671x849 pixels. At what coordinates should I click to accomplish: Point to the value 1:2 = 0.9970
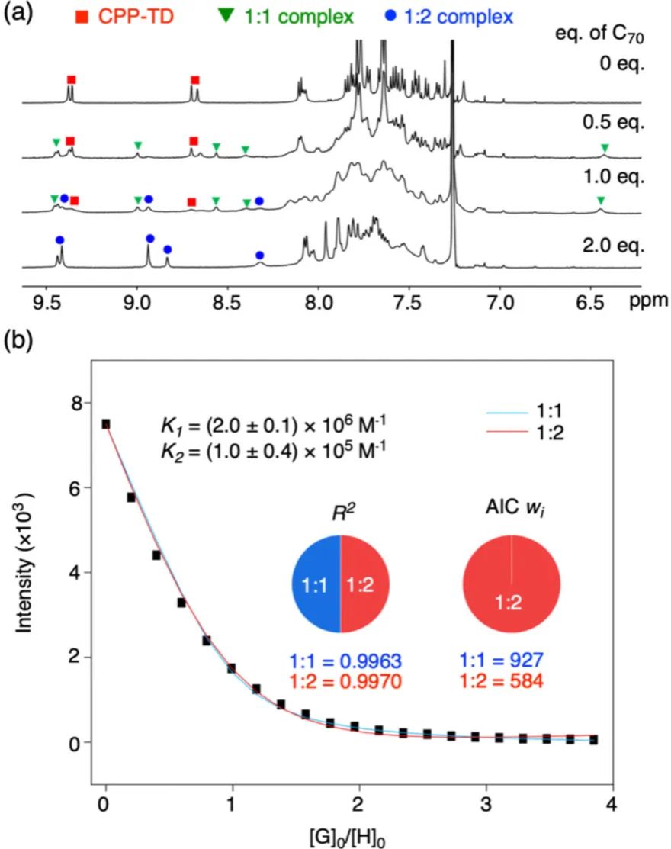(340, 681)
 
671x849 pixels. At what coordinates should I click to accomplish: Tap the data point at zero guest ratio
(106, 424)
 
